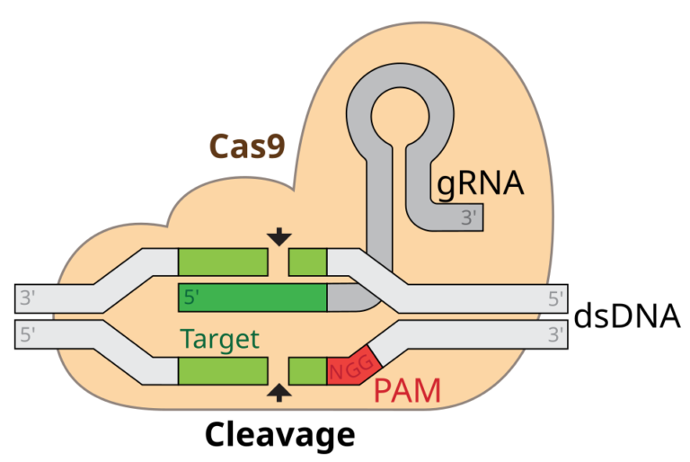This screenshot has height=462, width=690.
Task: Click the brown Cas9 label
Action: coord(247,146)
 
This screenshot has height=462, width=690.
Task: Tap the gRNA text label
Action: coord(480,183)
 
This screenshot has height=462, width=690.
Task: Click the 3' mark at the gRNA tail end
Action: coord(470,217)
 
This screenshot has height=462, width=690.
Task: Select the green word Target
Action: coord(219,339)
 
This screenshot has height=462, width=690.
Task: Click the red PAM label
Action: coord(407,391)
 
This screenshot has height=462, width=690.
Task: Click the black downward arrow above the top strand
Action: coord(279,236)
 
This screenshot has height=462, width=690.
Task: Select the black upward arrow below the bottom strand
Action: coord(279,392)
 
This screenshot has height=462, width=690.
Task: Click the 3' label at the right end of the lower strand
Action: coord(557,335)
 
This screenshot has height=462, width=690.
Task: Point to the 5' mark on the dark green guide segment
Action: coord(191,298)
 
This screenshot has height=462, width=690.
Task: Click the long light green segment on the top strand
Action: coord(223,262)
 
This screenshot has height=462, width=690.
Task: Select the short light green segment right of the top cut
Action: coord(307,262)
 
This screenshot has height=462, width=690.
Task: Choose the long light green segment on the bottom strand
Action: coord(223,370)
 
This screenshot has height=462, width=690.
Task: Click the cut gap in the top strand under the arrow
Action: coord(279,262)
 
